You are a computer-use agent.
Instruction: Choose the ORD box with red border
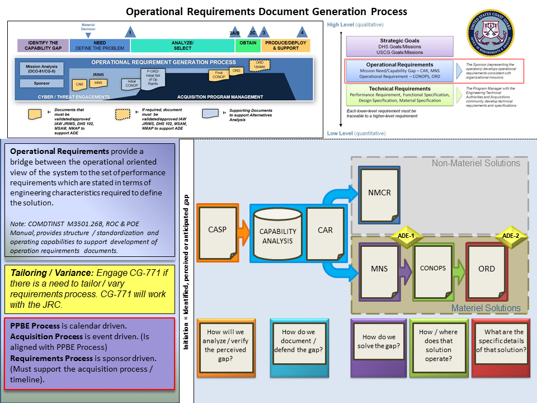point(486,270)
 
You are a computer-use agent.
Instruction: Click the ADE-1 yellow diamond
point(406,236)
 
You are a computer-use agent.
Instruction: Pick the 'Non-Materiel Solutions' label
point(475,163)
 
